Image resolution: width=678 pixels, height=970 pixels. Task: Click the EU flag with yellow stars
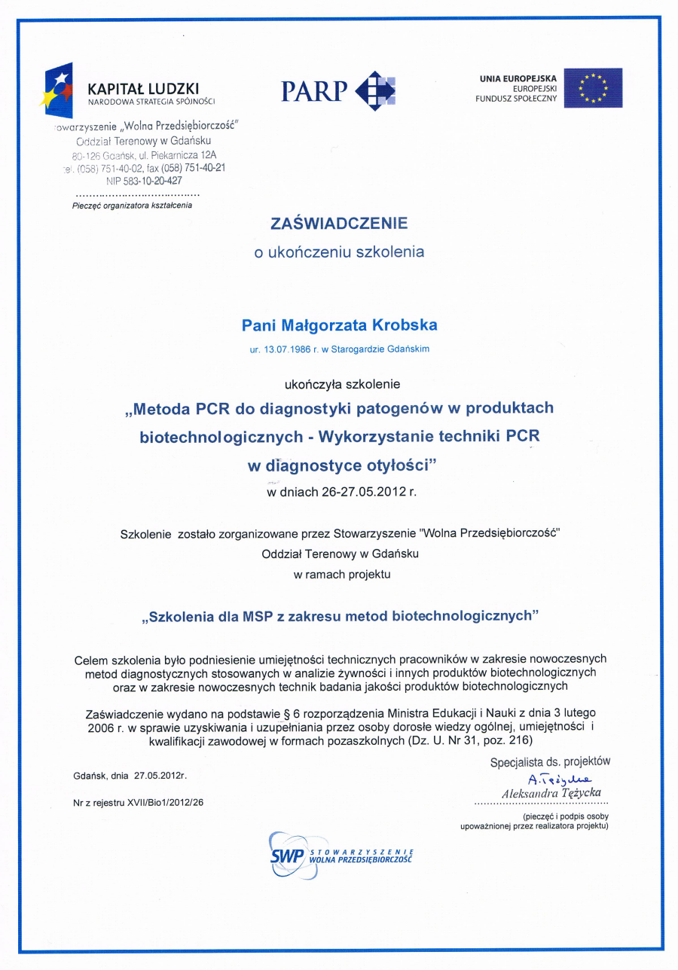pyautogui.click(x=593, y=87)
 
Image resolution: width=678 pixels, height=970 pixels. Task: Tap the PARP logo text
pyautogui.click(x=314, y=92)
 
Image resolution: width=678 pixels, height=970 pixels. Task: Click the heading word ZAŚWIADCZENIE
pyautogui.click(x=339, y=223)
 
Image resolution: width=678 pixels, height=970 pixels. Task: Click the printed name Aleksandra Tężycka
pyautogui.click(x=551, y=793)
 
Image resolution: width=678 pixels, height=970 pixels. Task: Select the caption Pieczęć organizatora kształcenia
pyautogui.click(x=132, y=205)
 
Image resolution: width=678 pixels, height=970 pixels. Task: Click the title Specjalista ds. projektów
pyautogui.click(x=550, y=762)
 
